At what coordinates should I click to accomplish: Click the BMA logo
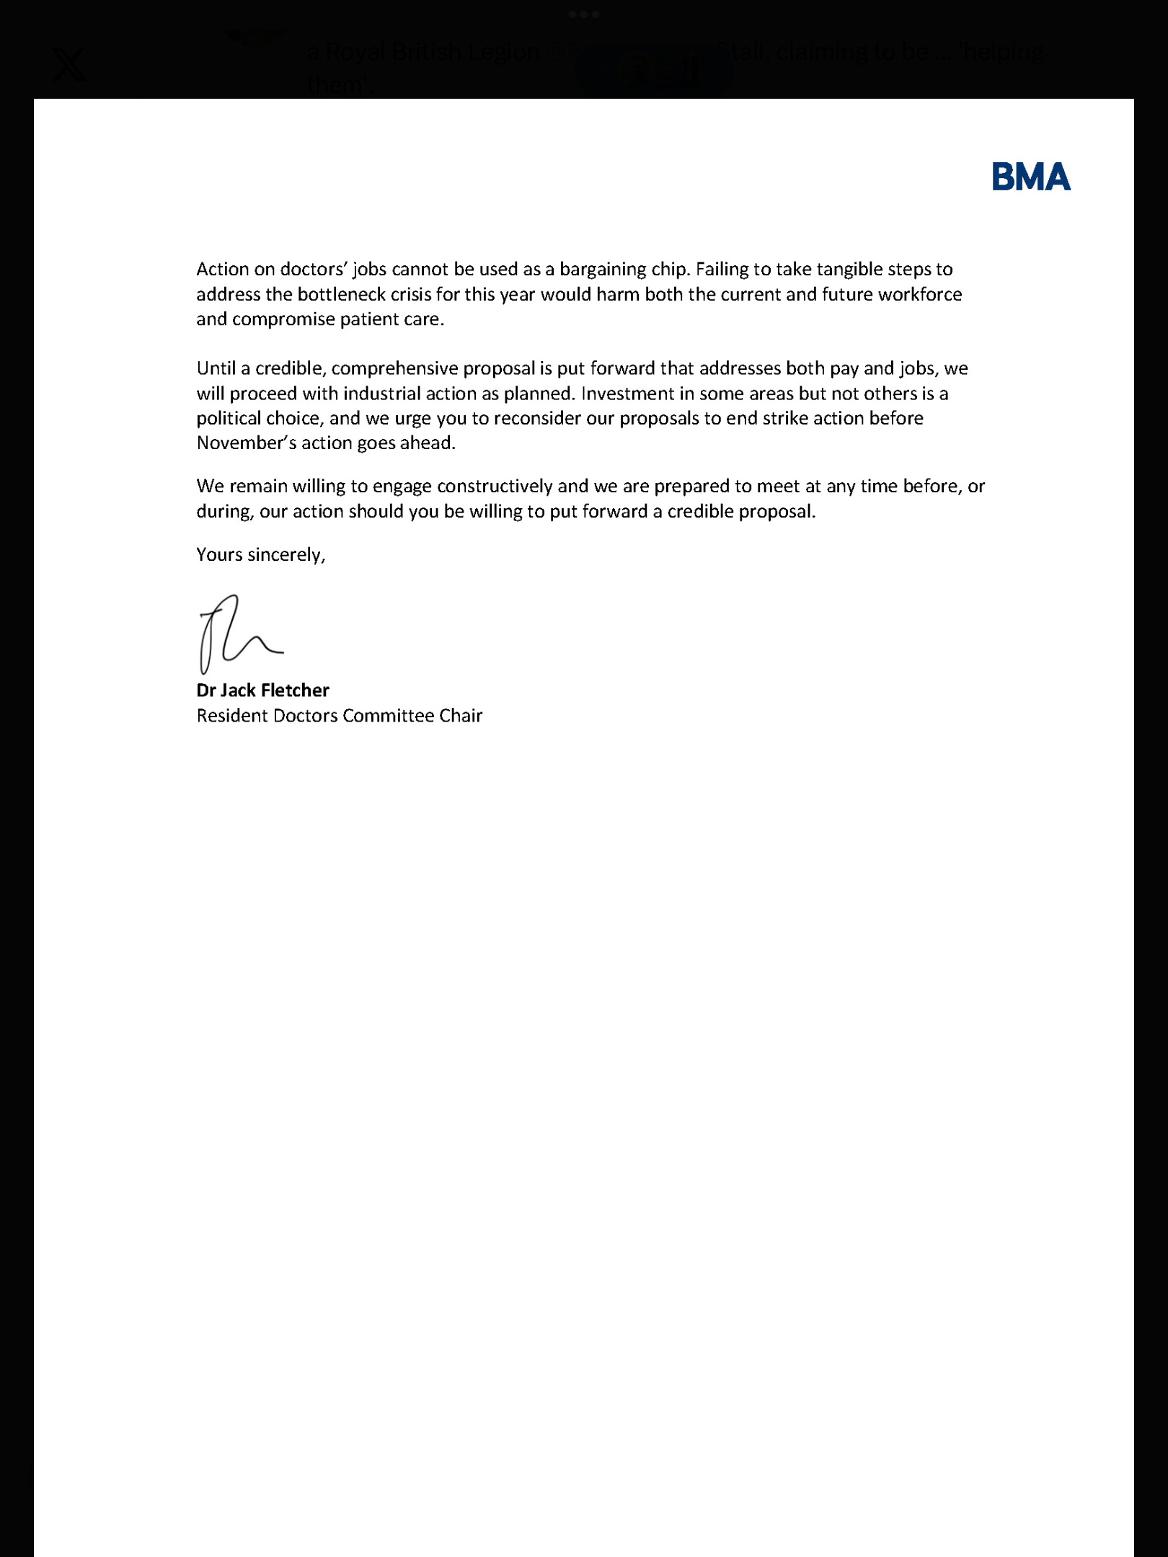[x=1031, y=177]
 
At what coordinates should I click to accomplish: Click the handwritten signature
[x=237, y=633]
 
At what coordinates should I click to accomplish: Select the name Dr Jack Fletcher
[x=262, y=691]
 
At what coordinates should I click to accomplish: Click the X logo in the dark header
[x=69, y=66]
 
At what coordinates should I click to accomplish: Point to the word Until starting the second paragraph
[x=216, y=368]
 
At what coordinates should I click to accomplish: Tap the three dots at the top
[x=584, y=14]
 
